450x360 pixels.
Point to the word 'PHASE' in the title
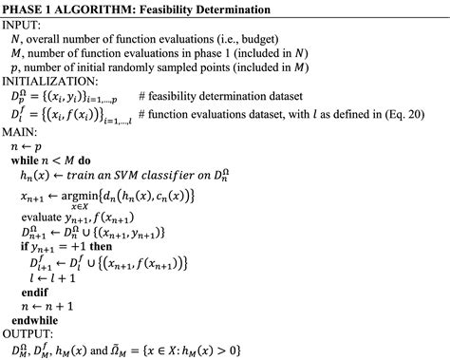pyautogui.click(x=29, y=9)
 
